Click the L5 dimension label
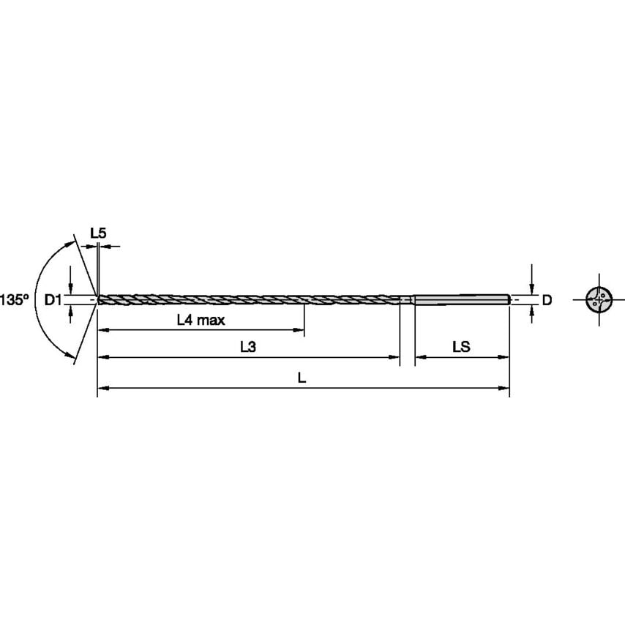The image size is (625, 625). [x=98, y=233]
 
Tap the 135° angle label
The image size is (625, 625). [x=14, y=299]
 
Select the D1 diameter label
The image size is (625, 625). [x=52, y=299]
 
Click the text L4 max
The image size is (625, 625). [x=201, y=320]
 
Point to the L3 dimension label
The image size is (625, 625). [x=248, y=348]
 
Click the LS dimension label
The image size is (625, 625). [x=461, y=348]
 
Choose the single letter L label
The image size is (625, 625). [x=302, y=378]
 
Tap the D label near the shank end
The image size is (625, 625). [x=546, y=299]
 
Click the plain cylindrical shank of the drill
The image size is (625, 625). [x=461, y=299]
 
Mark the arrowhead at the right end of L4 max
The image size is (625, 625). [x=300, y=331]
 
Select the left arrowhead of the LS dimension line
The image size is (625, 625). [x=419, y=358]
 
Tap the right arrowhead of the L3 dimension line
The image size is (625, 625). [x=396, y=358]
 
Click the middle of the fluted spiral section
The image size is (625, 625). [x=249, y=299]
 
